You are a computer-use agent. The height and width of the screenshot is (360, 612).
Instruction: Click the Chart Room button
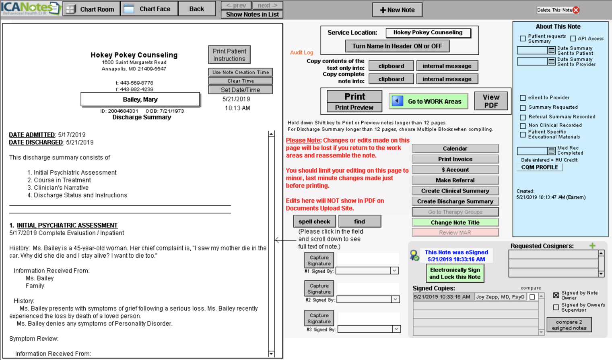click(91, 9)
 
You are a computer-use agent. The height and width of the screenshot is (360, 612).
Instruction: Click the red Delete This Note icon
click(576, 10)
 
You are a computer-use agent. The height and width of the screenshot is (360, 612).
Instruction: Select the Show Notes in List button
click(252, 14)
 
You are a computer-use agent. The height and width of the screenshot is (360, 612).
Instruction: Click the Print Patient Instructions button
click(229, 55)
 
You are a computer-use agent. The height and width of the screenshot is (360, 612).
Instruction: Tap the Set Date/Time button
click(240, 90)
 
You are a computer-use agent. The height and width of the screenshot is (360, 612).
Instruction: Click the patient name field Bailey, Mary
click(140, 99)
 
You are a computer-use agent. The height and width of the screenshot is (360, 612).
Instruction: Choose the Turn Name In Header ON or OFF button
click(397, 46)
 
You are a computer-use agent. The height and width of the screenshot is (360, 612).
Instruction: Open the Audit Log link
click(301, 52)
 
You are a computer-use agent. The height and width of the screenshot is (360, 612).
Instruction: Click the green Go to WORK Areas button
click(428, 101)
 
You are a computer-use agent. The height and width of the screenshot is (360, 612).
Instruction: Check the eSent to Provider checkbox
click(523, 98)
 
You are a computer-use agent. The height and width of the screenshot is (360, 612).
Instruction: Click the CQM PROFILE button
click(539, 167)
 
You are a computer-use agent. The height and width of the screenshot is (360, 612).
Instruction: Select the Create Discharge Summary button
click(455, 201)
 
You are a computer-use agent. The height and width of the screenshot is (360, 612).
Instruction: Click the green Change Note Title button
click(455, 222)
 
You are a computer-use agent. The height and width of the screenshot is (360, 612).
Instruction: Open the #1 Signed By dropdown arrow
click(394, 271)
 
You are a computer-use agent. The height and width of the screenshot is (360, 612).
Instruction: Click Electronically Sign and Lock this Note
click(455, 273)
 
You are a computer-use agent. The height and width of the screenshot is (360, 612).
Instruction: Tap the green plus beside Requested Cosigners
click(592, 246)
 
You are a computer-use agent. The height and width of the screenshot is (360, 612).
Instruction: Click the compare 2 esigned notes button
click(569, 325)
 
